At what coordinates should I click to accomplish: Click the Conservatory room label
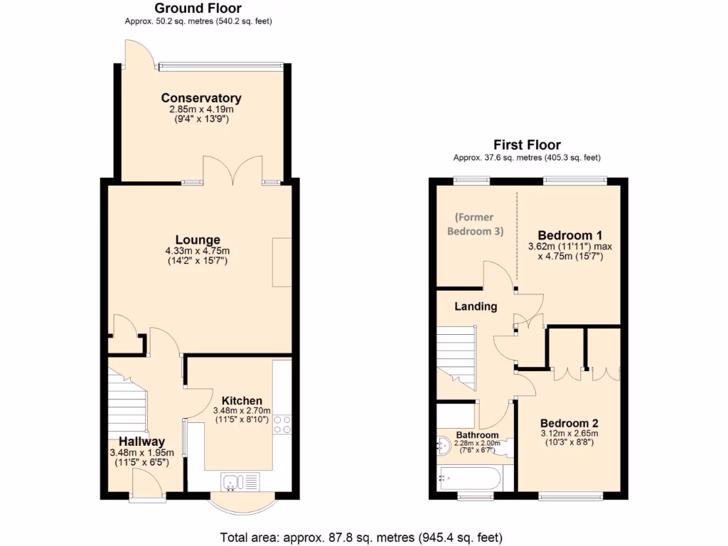pyautogui.click(x=201, y=98)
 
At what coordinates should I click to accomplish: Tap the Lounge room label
pyautogui.click(x=198, y=240)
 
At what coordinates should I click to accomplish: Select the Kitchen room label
pyautogui.click(x=242, y=400)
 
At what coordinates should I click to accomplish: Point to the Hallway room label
pyautogui.click(x=141, y=441)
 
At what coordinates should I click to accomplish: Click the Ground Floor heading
pyautogui.click(x=198, y=9)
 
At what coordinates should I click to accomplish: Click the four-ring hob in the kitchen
pyautogui.click(x=282, y=424)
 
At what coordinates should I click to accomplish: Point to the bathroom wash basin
pyautogui.click(x=443, y=446)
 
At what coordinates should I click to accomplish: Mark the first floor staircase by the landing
pyautogui.click(x=455, y=355)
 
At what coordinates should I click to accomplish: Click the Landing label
pyautogui.click(x=476, y=306)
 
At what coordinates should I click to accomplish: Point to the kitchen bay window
pyautogui.click(x=241, y=505)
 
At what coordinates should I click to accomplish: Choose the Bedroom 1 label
pyautogui.click(x=569, y=235)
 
